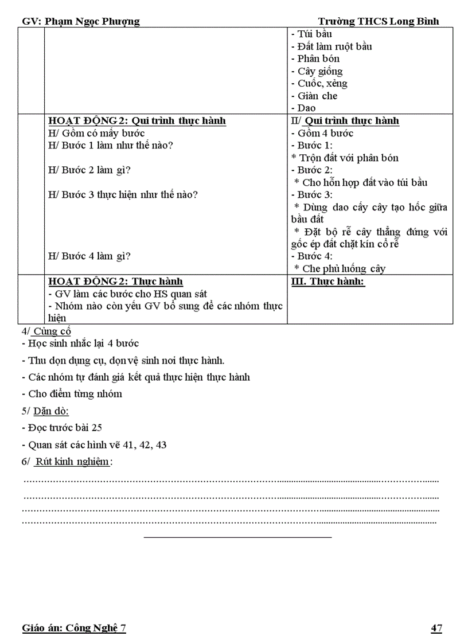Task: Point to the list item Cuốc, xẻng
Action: [x=322, y=83]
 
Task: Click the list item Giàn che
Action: [x=317, y=96]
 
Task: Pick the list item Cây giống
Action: [x=319, y=71]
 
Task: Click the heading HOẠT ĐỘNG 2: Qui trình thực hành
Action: [x=137, y=121]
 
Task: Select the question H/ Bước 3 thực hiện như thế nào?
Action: [x=123, y=194]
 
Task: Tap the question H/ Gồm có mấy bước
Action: [x=96, y=134]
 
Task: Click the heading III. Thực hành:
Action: [x=329, y=282]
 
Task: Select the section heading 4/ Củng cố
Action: [x=46, y=331]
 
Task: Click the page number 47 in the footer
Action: [x=436, y=629]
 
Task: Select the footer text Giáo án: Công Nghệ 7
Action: [x=74, y=629]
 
